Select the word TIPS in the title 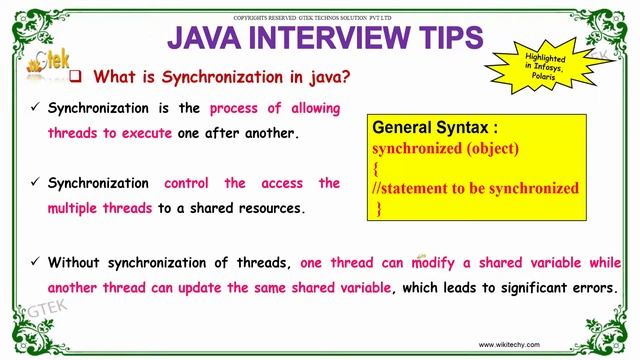pyautogui.click(x=446, y=38)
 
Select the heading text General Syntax pyautogui.click(x=434, y=129)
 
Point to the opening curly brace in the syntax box pyautogui.click(x=375, y=168)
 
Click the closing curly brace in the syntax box pyautogui.click(x=379, y=207)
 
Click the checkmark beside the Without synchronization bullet pyautogui.click(x=35, y=263)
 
